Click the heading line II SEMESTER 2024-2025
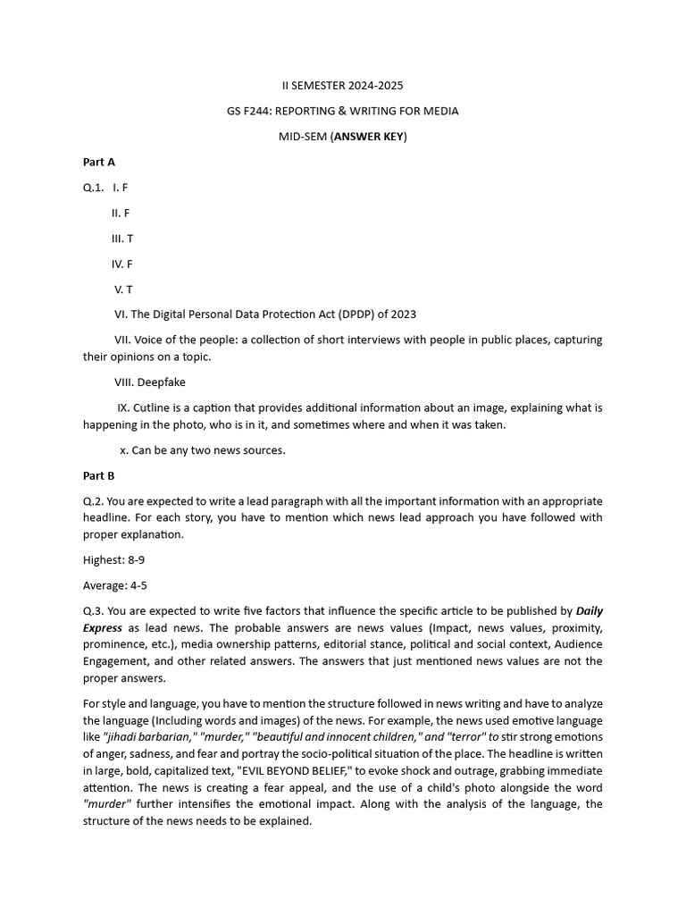[342, 86]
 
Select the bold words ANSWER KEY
[369, 137]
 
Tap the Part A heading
[98, 162]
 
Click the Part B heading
[98, 475]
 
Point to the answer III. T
[122, 239]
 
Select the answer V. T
[123, 290]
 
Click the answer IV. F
[122, 264]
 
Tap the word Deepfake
[161, 382]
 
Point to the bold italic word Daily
[590, 611]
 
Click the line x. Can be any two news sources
[203, 450]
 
